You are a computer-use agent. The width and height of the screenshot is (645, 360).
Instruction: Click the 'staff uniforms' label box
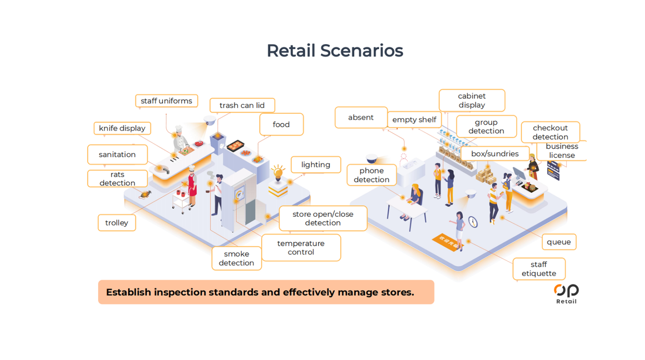pos(166,101)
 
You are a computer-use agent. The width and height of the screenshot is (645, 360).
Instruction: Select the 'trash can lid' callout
pos(242,105)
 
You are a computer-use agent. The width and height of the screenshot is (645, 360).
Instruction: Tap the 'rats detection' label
pos(117,179)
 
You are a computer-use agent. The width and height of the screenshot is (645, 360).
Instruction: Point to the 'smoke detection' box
pos(236,258)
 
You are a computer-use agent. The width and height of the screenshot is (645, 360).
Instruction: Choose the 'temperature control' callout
pos(301,248)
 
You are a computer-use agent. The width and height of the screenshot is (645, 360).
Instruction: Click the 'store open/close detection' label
pos(322,218)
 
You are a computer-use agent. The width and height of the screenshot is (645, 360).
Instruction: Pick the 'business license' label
pos(562,151)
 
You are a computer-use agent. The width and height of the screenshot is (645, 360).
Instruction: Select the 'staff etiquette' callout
pos(539,269)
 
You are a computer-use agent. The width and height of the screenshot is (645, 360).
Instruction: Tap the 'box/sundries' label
pos(495,154)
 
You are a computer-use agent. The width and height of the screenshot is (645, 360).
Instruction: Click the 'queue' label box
pos(558,242)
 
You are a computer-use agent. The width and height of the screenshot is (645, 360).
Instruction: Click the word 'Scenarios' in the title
pos(362,51)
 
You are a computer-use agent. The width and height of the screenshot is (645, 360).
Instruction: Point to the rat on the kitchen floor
pos(145,194)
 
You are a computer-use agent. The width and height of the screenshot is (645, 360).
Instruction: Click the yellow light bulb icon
pos(278,172)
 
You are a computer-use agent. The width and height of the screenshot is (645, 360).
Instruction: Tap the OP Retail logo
pos(566,293)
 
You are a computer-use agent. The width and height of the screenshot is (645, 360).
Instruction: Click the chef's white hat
pos(179,128)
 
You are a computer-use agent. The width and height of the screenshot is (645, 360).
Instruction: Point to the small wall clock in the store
pos(473,222)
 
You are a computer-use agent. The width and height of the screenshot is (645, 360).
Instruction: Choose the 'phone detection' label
pos(371,175)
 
